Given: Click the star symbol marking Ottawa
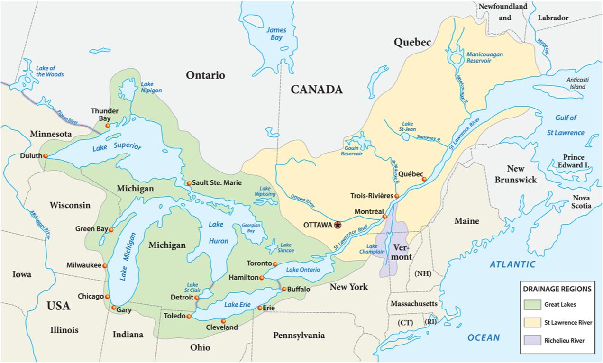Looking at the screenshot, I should pos(337,225).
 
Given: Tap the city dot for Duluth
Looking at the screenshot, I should pos(46,156).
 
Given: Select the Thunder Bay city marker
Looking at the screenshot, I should pos(108,126).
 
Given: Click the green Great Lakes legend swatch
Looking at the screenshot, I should pos(532,305).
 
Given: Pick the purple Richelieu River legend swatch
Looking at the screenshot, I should pos(532,340).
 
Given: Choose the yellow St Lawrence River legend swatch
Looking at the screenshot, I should pos(532,323).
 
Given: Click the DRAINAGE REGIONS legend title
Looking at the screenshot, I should pos(557,289).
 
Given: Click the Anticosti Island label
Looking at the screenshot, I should pos(577,83).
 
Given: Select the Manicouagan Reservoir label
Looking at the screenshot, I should pos(484,57).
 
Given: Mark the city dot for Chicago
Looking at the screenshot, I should pos(107,297).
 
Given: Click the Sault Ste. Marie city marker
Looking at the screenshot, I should pos(189,183).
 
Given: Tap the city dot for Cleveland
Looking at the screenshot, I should pos(223,321).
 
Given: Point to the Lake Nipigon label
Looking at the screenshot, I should pos(151,87).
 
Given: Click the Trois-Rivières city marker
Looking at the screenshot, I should pos(396,196).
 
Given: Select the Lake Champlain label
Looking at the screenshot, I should pos(372,249).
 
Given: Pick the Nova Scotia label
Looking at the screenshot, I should pos(581,202).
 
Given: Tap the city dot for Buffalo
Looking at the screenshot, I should pos(284,289).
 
